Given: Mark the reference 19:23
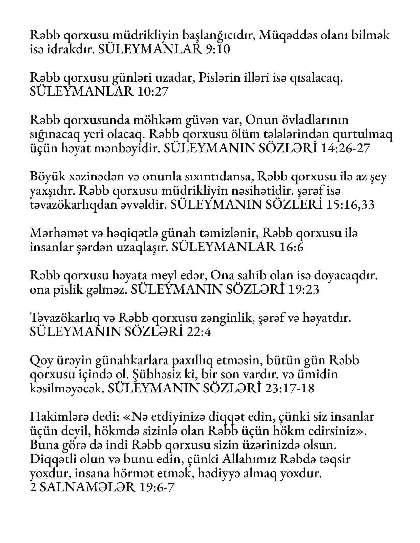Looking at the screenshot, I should pyautogui.click(x=304, y=289).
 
